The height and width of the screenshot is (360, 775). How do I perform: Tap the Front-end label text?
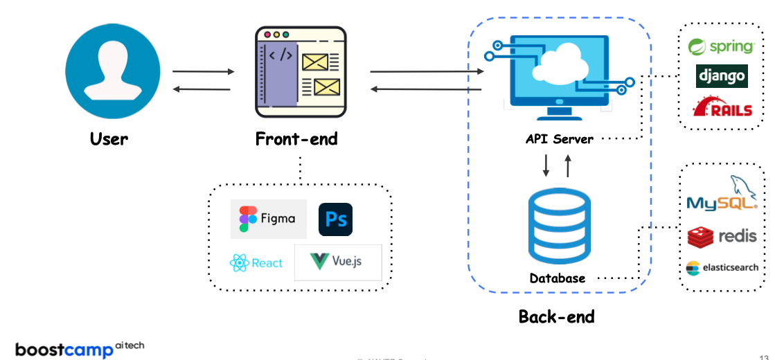[x=296, y=139]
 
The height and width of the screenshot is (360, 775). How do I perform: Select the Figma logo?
[x=268, y=219]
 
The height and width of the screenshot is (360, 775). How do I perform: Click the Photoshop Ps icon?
[x=336, y=220]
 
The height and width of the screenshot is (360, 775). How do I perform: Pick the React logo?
[x=256, y=263]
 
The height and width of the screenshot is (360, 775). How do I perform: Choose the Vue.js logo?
[x=337, y=262]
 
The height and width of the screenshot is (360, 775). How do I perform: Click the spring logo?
[x=721, y=46]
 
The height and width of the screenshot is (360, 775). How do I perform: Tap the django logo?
[x=722, y=75]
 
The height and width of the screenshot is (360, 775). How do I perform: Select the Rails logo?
[x=722, y=107]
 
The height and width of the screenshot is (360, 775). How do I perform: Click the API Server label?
[x=560, y=139]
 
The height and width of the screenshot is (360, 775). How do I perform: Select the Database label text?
[x=558, y=278]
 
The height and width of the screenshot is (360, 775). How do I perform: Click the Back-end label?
[x=557, y=317]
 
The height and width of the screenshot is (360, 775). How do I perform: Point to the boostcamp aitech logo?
[x=80, y=348]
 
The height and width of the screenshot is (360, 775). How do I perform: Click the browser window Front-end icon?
[x=301, y=72]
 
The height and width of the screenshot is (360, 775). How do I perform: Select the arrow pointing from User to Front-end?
[x=204, y=71]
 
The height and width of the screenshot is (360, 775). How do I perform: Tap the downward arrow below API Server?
[x=546, y=165]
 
